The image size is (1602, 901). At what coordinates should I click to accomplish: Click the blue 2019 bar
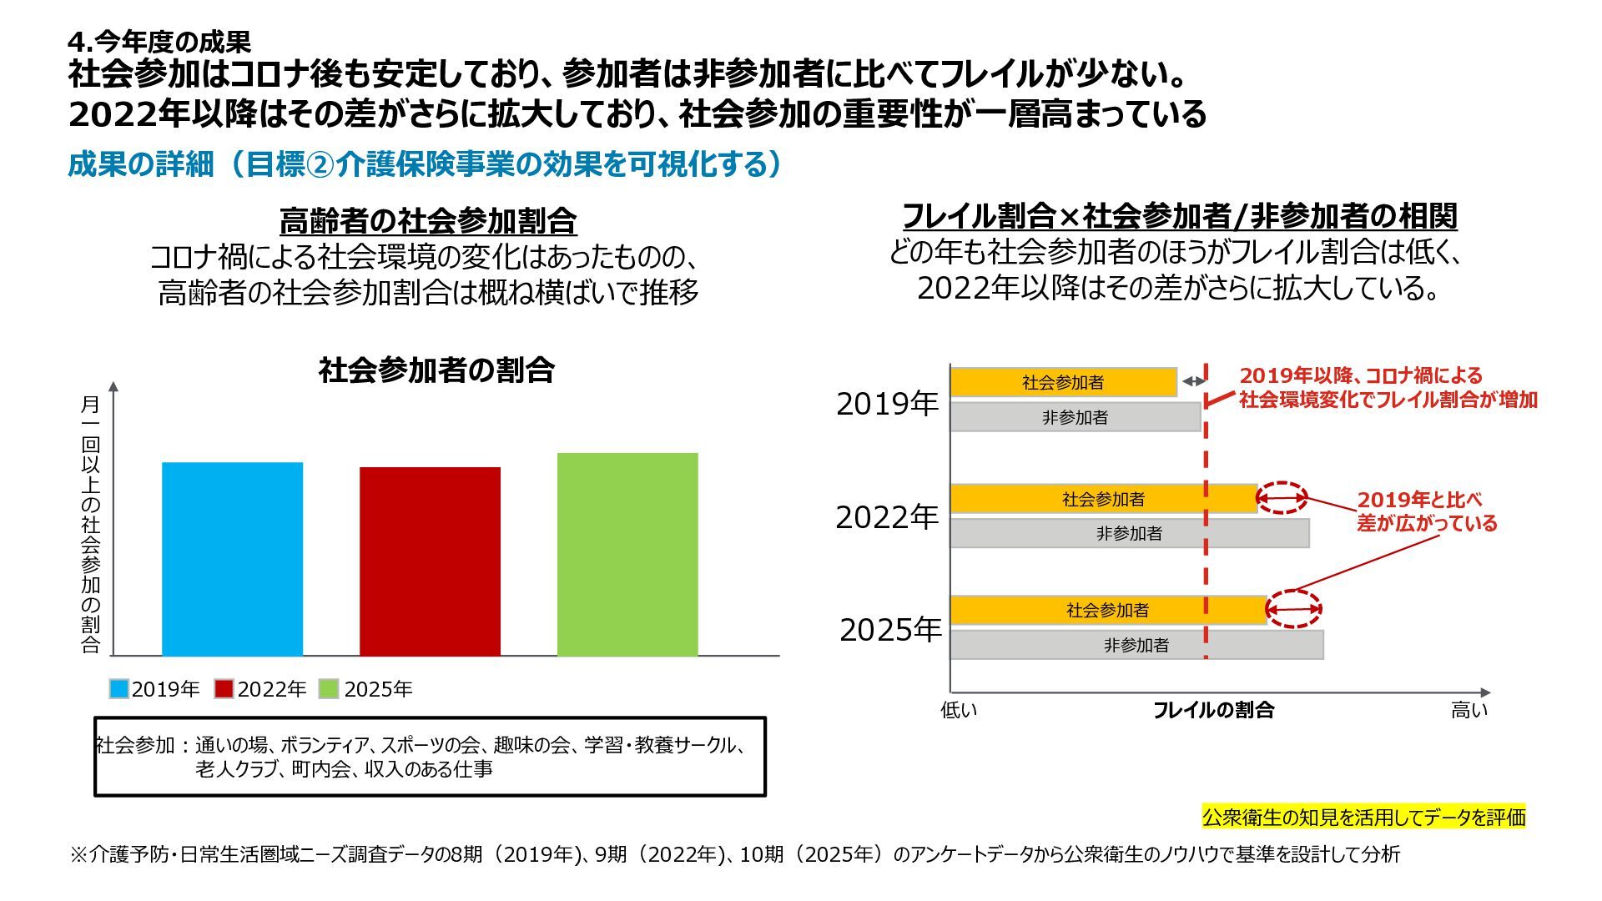(x=232, y=559)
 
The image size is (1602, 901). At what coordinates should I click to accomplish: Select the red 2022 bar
(x=430, y=561)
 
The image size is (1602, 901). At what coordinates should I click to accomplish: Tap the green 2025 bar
(x=627, y=555)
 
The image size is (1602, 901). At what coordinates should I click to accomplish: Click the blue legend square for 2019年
(x=119, y=689)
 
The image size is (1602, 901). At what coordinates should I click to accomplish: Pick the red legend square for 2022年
(x=224, y=689)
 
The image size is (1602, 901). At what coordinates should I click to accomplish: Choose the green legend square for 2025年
(x=330, y=689)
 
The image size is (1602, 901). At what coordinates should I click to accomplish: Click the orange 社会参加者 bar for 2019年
(x=1063, y=382)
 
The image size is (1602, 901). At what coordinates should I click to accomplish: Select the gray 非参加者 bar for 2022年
(x=1130, y=534)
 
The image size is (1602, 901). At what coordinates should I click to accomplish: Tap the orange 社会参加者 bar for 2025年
(x=1108, y=610)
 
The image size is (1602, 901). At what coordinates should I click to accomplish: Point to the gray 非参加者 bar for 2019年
(x=1076, y=417)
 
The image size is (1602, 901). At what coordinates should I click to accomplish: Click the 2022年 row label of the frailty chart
(x=887, y=518)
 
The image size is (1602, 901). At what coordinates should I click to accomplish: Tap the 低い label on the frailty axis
(x=959, y=710)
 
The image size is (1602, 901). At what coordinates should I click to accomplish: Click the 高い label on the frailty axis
(x=1468, y=710)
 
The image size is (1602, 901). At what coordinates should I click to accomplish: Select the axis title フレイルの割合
(x=1213, y=710)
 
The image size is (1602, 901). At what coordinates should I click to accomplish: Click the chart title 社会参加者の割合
(x=436, y=370)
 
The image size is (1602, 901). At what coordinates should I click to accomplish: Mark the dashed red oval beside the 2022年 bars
(x=1282, y=498)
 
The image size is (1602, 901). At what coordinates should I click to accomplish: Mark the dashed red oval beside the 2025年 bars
(x=1294, y=609)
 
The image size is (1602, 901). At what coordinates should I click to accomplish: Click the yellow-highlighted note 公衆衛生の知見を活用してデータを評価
(x=1363, y=817)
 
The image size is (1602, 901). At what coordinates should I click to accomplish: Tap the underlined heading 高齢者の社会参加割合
(x=428, y=221)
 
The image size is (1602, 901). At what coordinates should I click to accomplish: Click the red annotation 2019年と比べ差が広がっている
(x=1427, y=511)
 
